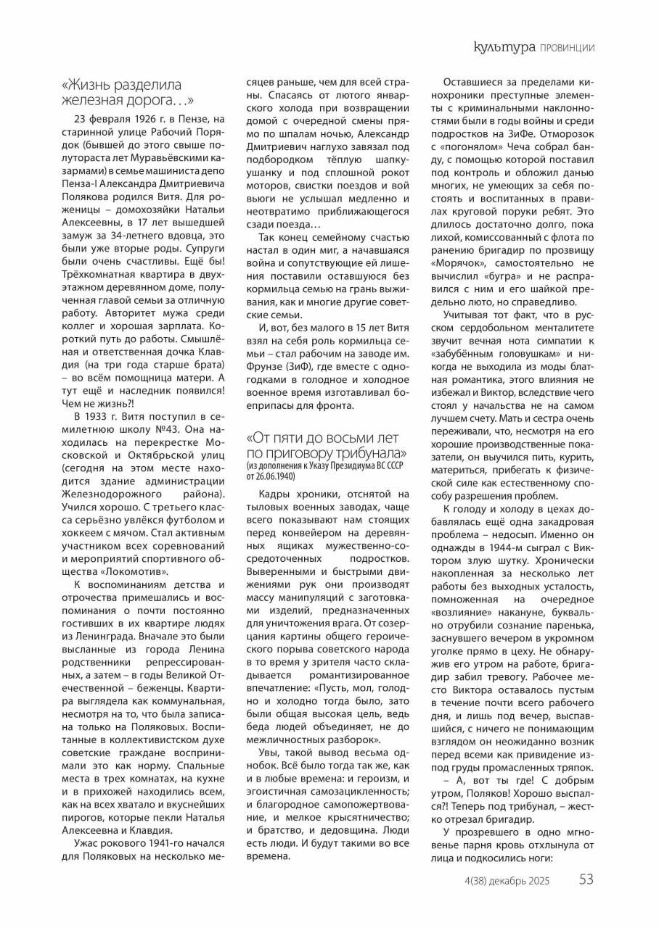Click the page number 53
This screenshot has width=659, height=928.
click(586, 880)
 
